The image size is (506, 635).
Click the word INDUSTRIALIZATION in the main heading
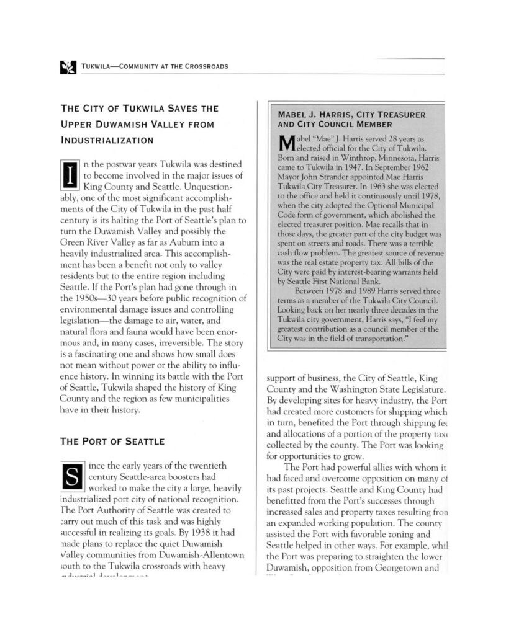(106, 141)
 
